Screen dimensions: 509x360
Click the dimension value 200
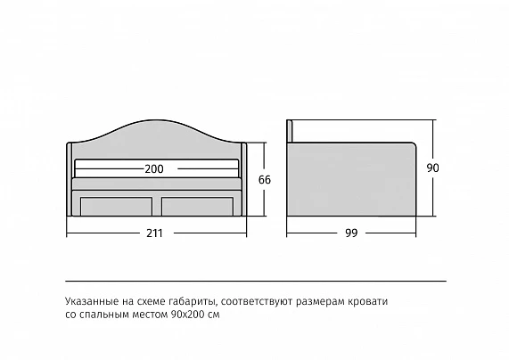pyautogui.click(x=154, y=169)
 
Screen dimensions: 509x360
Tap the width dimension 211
pyautogui.click(x=154, y=233)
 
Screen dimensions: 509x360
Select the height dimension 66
pyautogui.click(x=265, y=179)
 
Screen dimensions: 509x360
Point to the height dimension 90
pyautogui.click(x=432, y=168)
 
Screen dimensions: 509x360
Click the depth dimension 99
pyautogui.click(x=351, y=233)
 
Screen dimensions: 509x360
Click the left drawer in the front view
pyautogui.click(x=116, y=207)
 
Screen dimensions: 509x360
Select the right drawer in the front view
pyautogui.click(x=197, y=207)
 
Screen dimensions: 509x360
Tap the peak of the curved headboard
pyautogui.click(x=157, y=120)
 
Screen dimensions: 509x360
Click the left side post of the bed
pyautogui.click(x=70, y=179)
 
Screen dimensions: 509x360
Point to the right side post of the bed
pyautogui.click(x=244, y=179)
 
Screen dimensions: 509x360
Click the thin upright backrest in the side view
pyautogui.click(x=290, y=131)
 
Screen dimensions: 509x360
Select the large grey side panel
pyautogui.click(x=351, y=179)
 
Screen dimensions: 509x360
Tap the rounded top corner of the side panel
pyautogui.click(x=414, y=144)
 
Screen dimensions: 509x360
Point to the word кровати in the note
pyautogui.click(x=368, y=301)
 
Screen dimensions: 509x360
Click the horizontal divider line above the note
pyautogui.click(x=256, y=281)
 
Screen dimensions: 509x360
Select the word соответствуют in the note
pyautogui.click(x=257, y=301)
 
